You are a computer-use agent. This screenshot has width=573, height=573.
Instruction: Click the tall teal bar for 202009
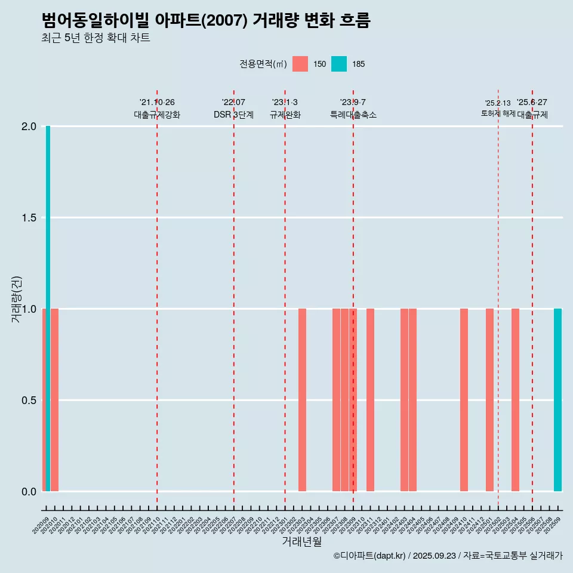(48, 309)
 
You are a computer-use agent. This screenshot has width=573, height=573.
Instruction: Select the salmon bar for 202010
(54, 400)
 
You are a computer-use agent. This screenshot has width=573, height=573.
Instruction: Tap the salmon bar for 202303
(302, 400)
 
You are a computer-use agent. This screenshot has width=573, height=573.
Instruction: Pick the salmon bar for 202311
(370, 400)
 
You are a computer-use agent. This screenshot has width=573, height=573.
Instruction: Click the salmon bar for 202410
(464, 400)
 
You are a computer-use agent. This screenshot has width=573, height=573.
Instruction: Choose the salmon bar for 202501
(489, 400)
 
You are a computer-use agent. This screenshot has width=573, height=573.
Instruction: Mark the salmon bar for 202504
(515, 400)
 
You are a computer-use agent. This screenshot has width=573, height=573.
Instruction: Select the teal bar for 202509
(557, 400)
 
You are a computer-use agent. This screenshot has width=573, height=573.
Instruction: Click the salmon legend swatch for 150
(300, 64)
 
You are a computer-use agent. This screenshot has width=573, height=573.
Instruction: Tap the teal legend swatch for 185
(338, 64)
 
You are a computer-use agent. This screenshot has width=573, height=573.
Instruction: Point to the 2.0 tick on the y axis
(29, 127)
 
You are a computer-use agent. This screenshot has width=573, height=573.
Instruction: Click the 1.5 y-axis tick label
(29, 218)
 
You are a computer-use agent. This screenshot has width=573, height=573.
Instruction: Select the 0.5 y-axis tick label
(29, 400)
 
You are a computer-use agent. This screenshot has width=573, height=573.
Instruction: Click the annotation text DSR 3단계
(233, 115)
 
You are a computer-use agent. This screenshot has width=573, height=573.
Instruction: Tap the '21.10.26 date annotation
(157, 103)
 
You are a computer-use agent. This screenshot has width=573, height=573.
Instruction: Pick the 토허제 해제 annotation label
(498, 113)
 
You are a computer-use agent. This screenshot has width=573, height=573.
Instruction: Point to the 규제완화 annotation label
(285, 115)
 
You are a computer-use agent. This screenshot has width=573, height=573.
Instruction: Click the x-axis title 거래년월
(301, 542)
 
